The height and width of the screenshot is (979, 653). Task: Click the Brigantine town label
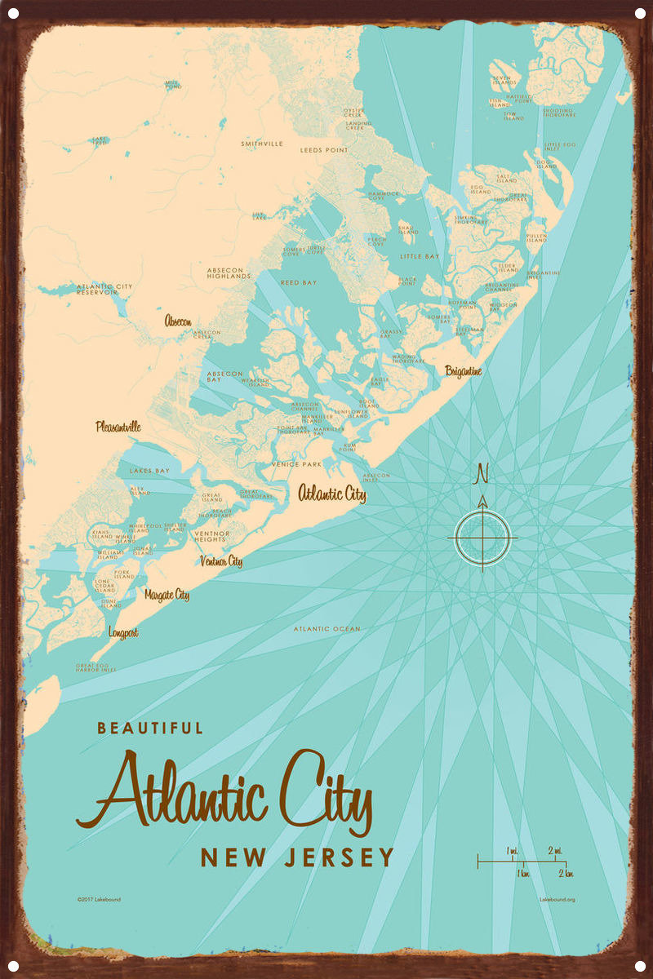[463, 371]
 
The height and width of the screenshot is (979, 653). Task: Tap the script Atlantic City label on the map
[331, 494]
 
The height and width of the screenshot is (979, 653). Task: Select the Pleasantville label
[118, 426]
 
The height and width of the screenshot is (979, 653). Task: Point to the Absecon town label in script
[178, 321]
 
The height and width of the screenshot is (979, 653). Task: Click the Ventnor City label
[221, 561]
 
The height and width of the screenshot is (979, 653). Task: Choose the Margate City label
[167, 595]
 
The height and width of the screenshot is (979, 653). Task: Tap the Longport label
[123, 632]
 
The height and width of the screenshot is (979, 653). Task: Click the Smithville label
[262, 144]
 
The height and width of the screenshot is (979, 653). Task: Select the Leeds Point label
[324, 150]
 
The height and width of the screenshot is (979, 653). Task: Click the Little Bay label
[420, 256]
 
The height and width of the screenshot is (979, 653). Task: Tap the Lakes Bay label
[149, 472]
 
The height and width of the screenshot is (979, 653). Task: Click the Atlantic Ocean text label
[326, 629]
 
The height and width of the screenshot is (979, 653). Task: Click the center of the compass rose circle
[482, 538]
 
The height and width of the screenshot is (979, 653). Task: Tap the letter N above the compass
[482, 473]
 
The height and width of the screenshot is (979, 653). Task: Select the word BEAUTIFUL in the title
[150, 728]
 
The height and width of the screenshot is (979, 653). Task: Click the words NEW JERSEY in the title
[297, 857]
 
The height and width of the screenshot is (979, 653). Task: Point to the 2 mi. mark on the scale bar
[556, 850]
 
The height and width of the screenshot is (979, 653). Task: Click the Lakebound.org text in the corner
[557, 900]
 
